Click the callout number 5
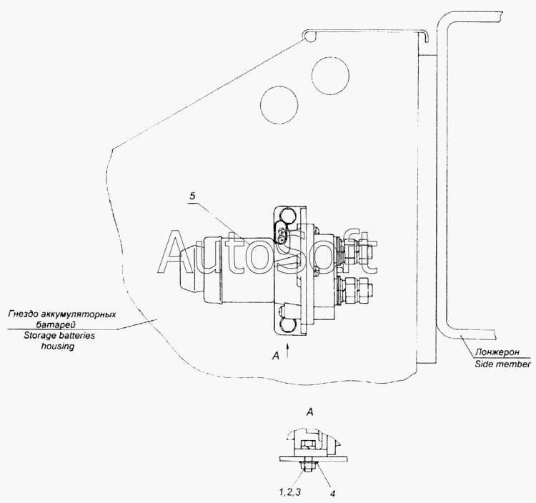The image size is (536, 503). pos(192,196)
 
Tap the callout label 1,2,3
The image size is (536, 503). pos(289,492)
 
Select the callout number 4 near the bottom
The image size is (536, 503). pos(332,494)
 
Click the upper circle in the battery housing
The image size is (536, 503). pos(330,76)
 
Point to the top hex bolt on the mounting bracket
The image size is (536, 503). pos(287,216)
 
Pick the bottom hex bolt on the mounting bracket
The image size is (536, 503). pos(286,326)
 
